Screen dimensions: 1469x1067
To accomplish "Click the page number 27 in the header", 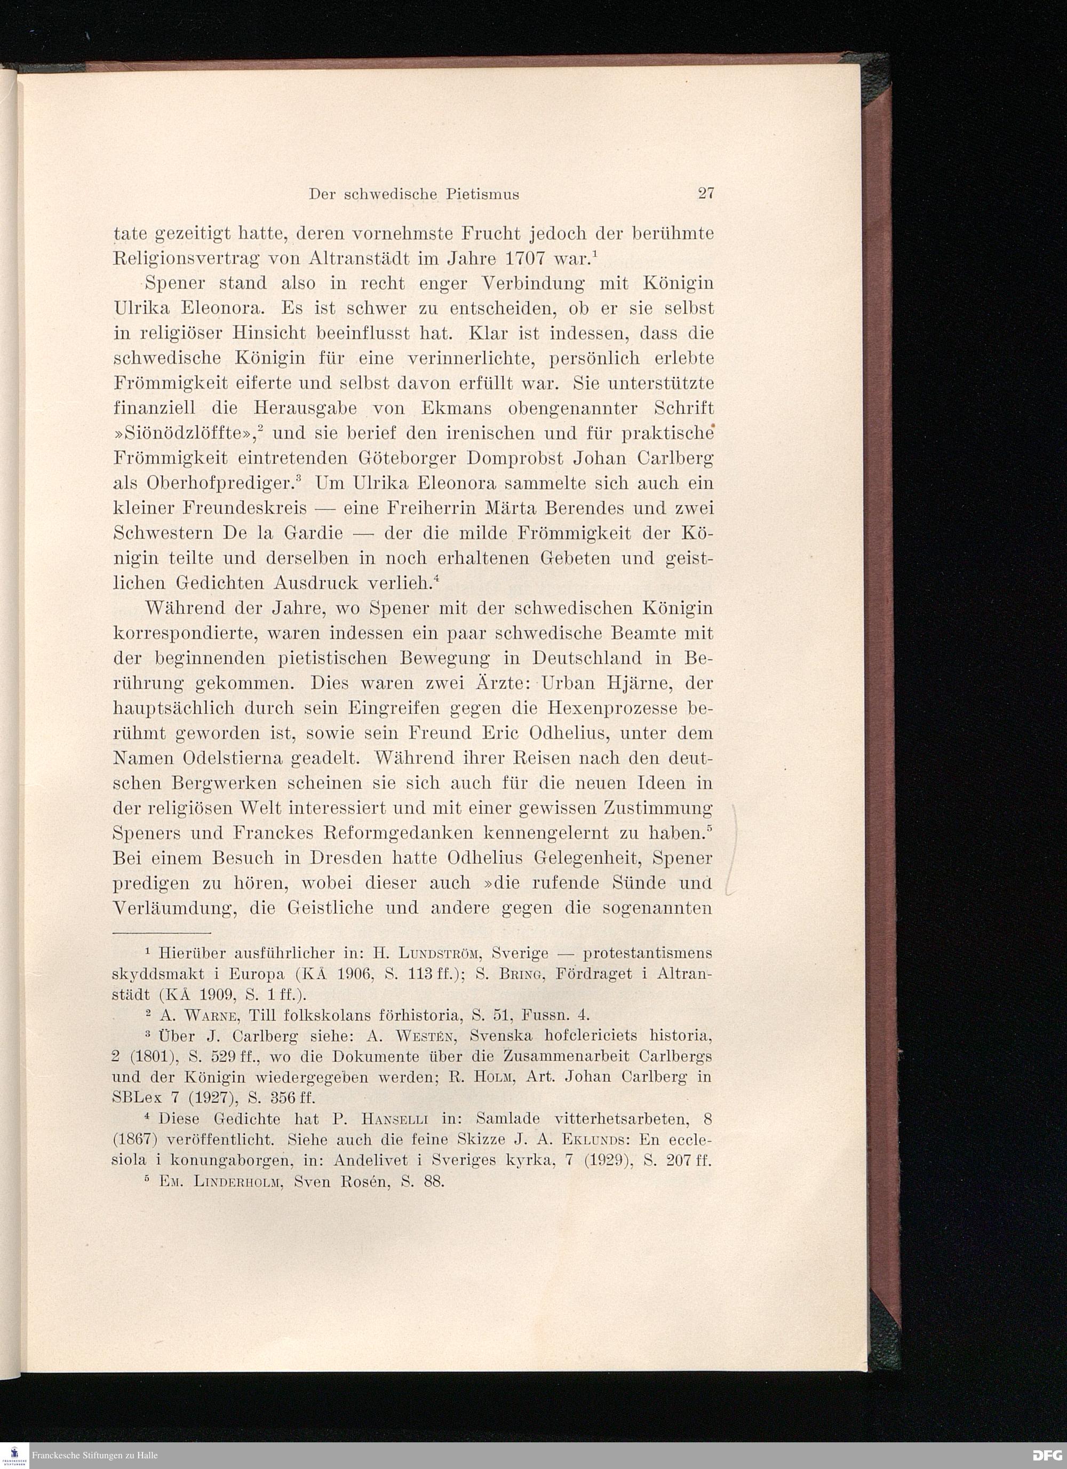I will coord(705,194).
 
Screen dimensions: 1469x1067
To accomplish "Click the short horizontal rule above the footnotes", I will coord(163,934).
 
